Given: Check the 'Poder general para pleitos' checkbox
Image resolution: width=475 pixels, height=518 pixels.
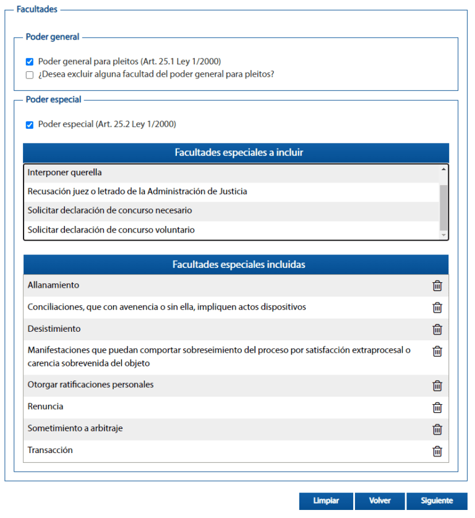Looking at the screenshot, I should (x=29, y=62).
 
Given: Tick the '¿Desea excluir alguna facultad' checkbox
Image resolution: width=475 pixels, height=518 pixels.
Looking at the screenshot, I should (x=29, y=75).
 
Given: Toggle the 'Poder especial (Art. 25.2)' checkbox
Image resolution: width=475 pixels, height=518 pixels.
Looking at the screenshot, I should (x=29, y=125).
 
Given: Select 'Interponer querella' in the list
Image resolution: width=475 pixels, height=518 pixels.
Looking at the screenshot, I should (x=65, y=173).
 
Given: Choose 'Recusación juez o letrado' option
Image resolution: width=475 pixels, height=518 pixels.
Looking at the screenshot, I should (x=137, y=192).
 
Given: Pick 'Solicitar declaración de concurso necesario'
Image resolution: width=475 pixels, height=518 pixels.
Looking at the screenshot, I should (x=109, y=211).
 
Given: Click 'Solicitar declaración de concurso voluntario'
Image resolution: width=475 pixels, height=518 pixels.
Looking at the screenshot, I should (x=111, y=230).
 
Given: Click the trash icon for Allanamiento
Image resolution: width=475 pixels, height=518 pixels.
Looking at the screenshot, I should (x=437, y=286).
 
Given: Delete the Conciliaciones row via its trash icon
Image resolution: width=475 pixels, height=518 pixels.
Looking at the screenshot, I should (x=437, y=308).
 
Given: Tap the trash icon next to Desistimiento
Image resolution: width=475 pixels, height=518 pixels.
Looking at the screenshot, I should (x=437, y=329).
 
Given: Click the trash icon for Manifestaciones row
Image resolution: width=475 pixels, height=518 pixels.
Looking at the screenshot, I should (x=437, y=352).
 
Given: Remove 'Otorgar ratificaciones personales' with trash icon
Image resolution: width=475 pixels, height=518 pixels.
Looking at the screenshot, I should (x=437, y=386).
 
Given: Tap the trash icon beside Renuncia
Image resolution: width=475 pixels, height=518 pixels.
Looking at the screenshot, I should (x=437, y=407).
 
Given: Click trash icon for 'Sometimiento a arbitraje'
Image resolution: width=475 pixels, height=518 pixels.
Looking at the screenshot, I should (x=437, y=430).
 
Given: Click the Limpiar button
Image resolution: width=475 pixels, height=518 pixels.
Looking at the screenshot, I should (x=326, y=501).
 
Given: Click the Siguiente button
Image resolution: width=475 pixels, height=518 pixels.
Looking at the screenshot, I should (x=437, y=501).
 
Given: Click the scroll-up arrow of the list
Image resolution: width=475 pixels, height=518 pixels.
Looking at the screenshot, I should (x=443, y=169).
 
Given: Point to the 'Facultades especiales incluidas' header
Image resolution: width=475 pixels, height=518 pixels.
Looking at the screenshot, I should (x=238, y=265).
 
